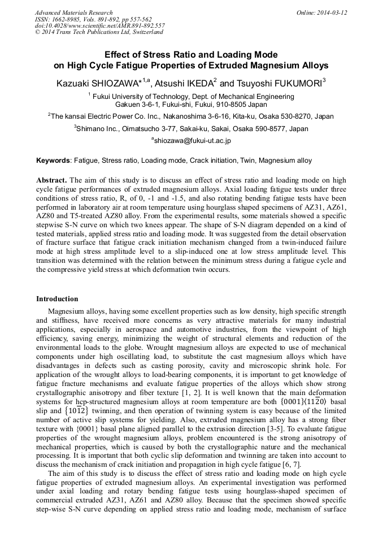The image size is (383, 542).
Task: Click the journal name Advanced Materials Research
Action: tap(73, 12)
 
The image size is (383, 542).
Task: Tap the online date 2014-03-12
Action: tap(333, 12)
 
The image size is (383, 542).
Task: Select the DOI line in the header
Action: tap(99, 25)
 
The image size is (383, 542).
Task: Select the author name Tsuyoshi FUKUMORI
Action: tap(281, 84)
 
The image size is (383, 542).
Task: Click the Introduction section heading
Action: tap(57, 299)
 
